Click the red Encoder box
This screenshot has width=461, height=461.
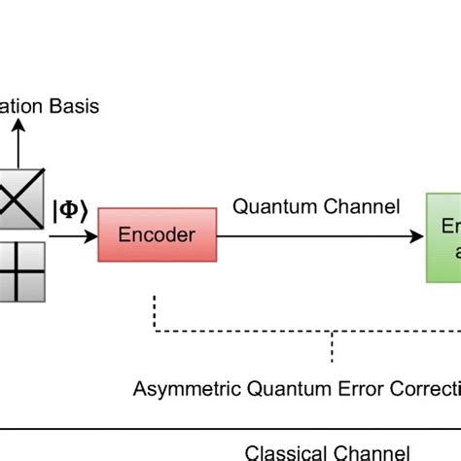[157, 234]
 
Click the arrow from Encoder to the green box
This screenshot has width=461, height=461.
[321, 234]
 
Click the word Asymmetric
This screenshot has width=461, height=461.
[179, 390]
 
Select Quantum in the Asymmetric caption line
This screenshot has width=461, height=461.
[276, 390]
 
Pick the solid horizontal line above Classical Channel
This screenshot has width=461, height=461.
[230, 427]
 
